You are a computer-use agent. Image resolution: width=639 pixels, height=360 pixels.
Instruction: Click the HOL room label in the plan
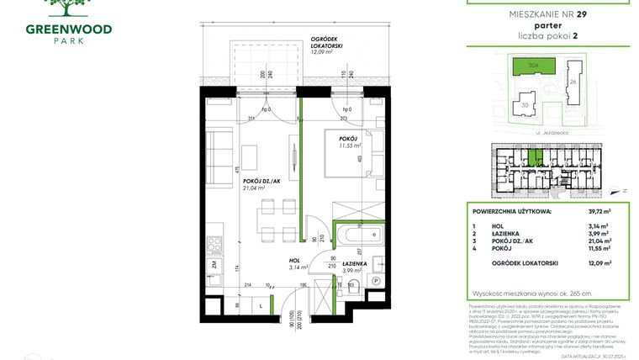click(x=295, y=260)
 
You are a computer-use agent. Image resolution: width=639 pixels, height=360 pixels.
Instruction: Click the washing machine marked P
click(x=375, y=281)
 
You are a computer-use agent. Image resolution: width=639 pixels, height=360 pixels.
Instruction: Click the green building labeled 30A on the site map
click(x=533, y=66)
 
